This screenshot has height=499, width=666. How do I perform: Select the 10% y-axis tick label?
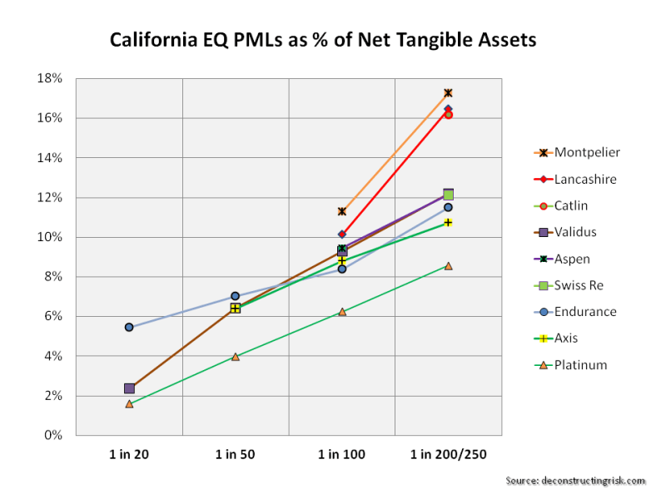[x=52, y=237]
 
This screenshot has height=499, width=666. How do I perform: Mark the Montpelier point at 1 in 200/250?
[x=448, y=93]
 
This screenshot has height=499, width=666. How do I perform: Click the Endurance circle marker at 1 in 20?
[x=129, y=327]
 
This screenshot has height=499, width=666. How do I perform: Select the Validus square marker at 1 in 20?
[x=129, y=388]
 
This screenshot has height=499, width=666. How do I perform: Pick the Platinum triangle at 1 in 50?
[x=236, y=356]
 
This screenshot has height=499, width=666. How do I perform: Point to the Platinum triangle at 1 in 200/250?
[x=448, y=265]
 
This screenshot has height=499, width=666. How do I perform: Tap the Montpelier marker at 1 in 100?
[x=342, y=211]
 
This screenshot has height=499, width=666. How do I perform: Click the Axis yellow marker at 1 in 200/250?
[x=448, y=222]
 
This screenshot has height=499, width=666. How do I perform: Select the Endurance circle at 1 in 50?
[x=236, y=296]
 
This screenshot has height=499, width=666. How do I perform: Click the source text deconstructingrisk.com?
[x=575, y=481]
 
